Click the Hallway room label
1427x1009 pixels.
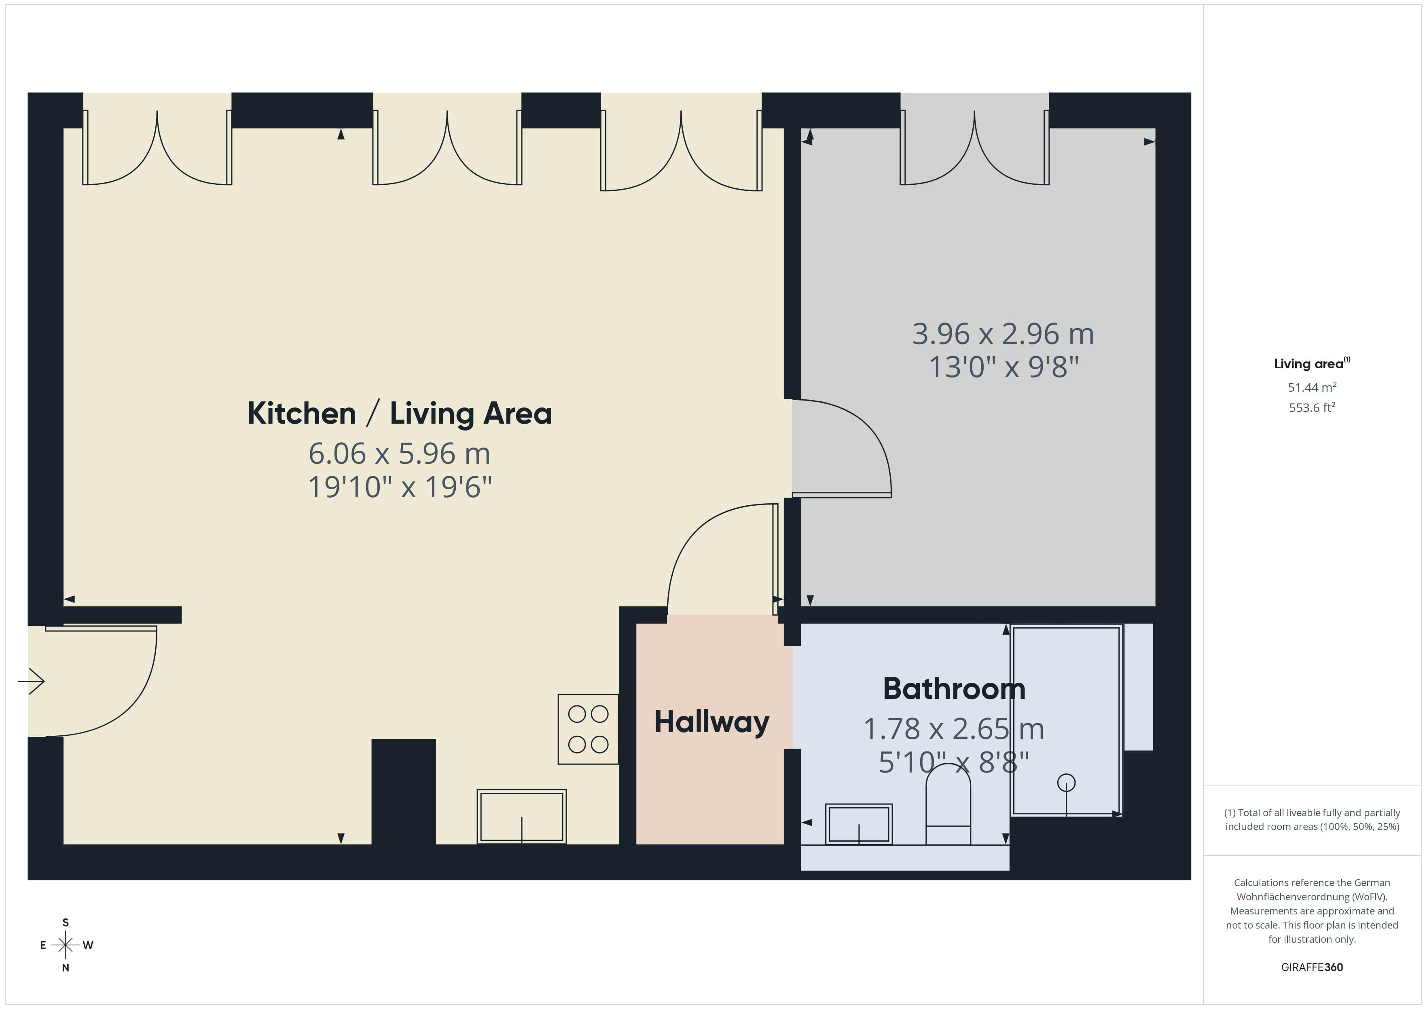point(711,722)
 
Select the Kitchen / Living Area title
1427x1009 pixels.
point(400,413)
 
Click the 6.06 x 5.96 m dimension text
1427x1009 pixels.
point(400,454)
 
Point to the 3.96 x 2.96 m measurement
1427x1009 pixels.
point(1003,334)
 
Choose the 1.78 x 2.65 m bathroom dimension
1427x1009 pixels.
point(953,729)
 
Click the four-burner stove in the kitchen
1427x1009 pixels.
point(588,729)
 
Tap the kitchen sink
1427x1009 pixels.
point(521,816)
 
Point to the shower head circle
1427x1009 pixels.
point(1067,782)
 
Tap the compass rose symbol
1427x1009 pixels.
point(65,945)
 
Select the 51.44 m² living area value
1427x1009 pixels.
point(1312,387)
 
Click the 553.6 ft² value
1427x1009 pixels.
point(1312,407)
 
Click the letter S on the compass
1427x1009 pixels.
point(65,922)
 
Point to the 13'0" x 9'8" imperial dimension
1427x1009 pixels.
point(1003,367)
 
